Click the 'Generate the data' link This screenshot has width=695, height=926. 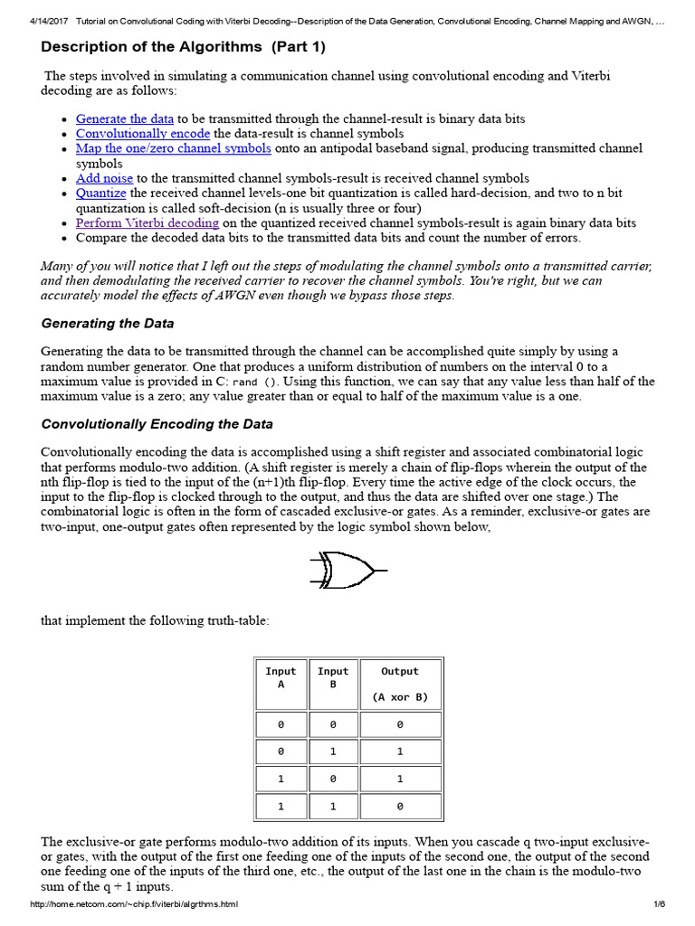click(x=124, y=119)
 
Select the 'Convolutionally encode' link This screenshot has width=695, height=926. click(x=143, y=134)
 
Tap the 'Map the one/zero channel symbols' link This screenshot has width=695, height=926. click(x=173, y=148)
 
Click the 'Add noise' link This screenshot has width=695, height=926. click(x=104, y=179)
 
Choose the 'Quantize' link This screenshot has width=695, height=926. click(x=100, y=194)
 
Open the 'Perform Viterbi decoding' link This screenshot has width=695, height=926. click(x=147, y=223)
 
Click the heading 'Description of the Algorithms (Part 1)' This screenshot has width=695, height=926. click(x=184, y=47)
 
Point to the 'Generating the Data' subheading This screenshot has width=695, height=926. click(x=108, y=324)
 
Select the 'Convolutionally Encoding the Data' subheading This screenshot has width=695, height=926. click(x=157, y=424)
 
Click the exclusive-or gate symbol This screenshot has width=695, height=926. click(x=347, y=572)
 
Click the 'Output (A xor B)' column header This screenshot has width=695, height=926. click(x=399, y=684)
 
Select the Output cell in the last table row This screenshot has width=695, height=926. click(x=399, y=807)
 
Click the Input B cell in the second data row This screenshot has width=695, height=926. click(x=333, y=751)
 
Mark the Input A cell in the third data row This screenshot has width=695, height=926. click(x=281, y=779)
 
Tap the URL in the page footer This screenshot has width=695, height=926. click(x=134, y=905)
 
